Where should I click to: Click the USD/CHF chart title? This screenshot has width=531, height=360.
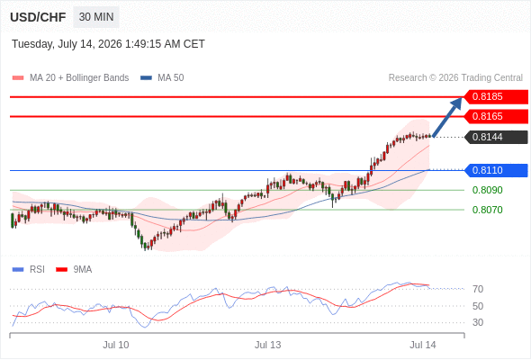point(38,17)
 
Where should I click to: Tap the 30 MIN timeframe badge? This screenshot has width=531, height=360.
point(96,17)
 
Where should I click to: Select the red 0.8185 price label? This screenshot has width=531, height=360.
point(496,97)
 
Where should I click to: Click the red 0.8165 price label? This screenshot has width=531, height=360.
point(496,116)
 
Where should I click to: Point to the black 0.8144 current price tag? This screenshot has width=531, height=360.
point(496,137)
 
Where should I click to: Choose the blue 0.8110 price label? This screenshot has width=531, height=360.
point(496,170)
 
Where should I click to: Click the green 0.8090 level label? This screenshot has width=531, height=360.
point(487,190)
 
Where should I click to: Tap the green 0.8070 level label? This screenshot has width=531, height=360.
point(487,210)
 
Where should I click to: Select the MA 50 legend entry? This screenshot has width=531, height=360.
point(162,78)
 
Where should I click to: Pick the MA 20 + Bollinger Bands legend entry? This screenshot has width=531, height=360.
point(70,78)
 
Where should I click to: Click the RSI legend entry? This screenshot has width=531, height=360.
point(29,270)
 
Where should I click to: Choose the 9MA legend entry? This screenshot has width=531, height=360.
point(74,270)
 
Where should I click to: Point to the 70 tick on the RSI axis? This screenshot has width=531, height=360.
point(478,289)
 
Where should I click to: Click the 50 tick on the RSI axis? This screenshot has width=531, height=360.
point(478,306)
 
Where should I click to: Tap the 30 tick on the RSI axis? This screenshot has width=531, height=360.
point(478,322)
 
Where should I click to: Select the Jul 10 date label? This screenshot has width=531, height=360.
point(116,345)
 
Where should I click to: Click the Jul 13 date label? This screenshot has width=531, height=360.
point(268,345)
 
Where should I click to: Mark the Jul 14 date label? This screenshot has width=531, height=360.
point(423,345)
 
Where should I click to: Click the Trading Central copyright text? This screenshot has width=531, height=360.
point(455,78)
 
